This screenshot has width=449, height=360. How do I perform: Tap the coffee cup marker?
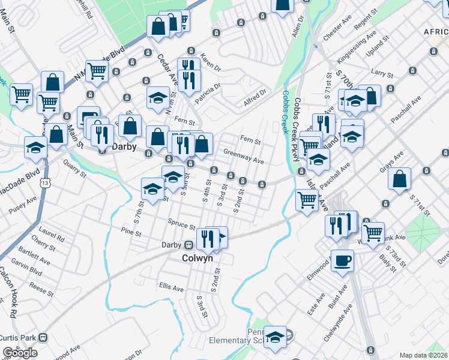pyautogui.click(x=342, y=261)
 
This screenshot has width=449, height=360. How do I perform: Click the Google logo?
pyautogui.click(x=20, y=353)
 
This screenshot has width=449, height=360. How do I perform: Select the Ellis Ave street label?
pyautogui.click(x=171, y=288)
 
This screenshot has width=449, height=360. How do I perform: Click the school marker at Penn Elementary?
pyautogui.click(x=276, y=338)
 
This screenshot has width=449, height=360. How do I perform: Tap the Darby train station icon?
pyautogui.click(x=188, y=245)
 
